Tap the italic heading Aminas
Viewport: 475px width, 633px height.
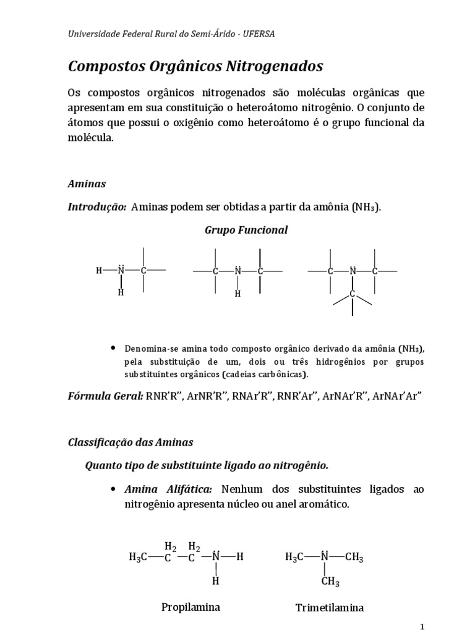[x=87, y=184]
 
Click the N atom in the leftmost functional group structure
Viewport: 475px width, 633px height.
[x=121, y=270]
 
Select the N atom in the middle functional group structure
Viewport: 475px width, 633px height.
[x=237, y=270]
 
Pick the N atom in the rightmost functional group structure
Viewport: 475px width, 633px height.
[x=353, y=270]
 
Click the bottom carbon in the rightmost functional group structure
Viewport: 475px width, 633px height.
[x=353, y=294]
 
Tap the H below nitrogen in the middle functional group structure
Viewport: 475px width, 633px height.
[x=237, y=294]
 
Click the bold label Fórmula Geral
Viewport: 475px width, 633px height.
[x=105, y=396]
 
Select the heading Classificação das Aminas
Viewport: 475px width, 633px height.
[x=130, y=442]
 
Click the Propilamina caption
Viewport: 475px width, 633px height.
[x=190, y=606]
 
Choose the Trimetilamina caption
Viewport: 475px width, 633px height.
[x=330, y=607]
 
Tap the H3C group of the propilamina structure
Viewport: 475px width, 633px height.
[x=139, y=557]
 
